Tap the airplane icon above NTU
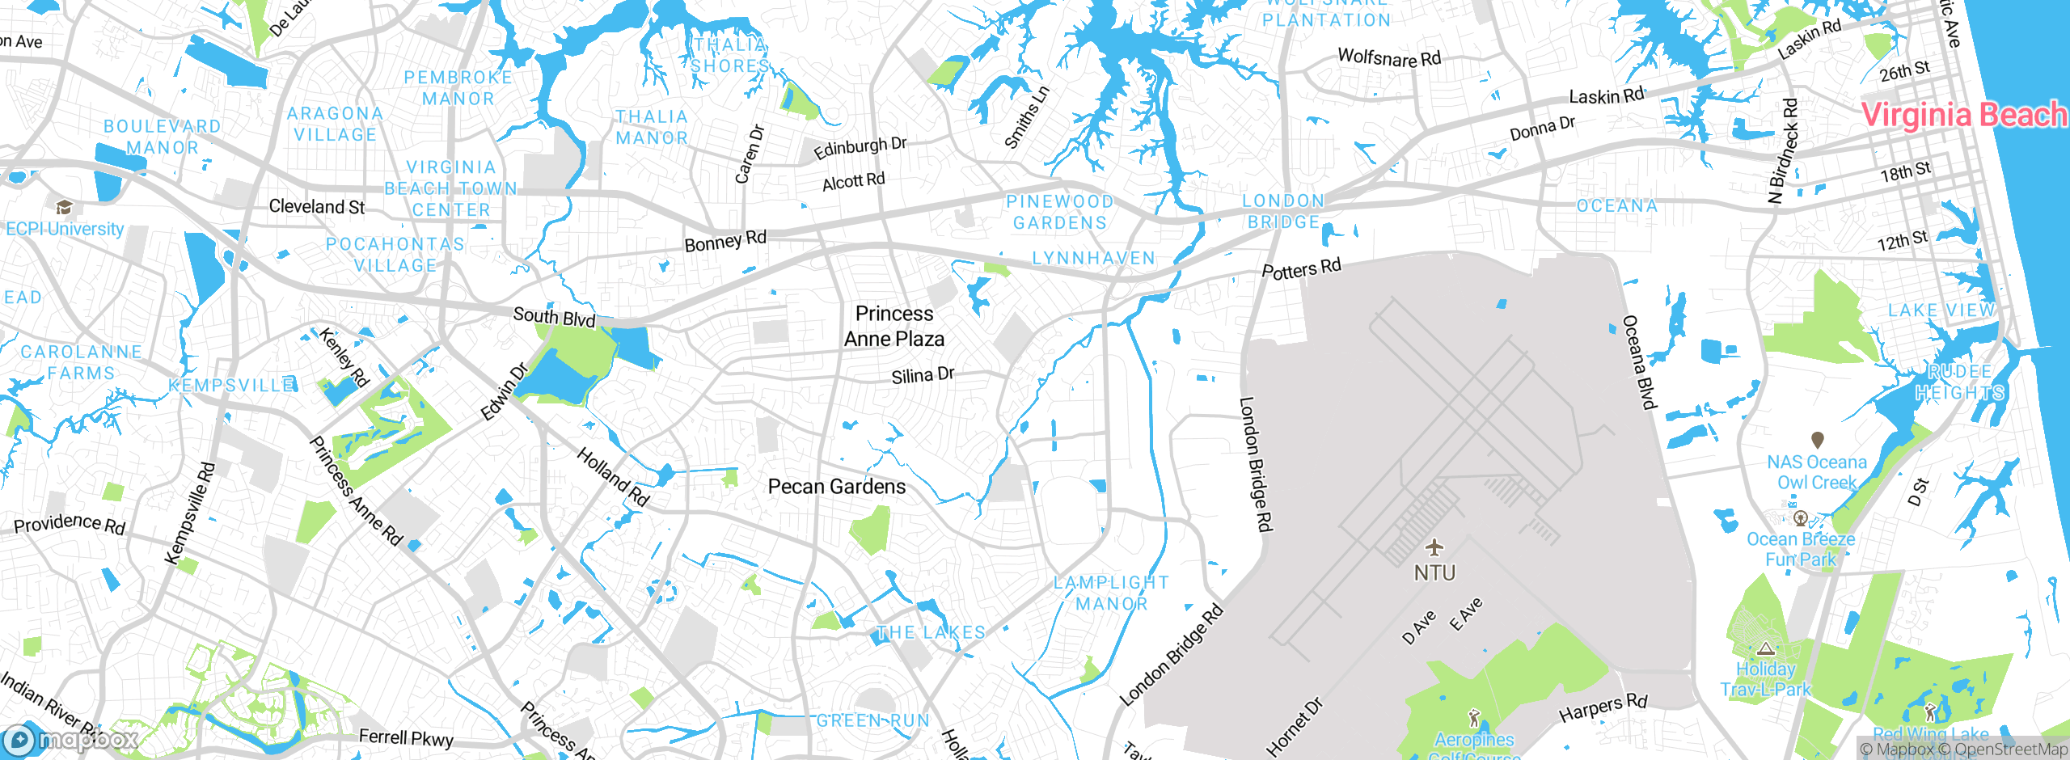(x=1434, y=547)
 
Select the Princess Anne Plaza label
(x=894, y=326)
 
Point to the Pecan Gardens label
(x=837, y=487)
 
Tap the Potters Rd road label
(x=1301, y=268)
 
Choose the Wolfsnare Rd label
(x=1389, y=57)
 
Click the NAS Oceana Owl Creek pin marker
(x=1817, y=440)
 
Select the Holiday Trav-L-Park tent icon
(x=1765, y=648)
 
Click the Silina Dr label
(x=923, y=375)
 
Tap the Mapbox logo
(x=71, y=739)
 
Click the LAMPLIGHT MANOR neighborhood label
(x=1111, y=593)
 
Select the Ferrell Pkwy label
(x=406, y=737)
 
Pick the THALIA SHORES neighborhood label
(x=730, y=55)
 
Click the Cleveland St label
(x=317, y=207)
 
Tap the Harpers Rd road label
(x=1603, y=707)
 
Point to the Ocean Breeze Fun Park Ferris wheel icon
(x=1800, y=518)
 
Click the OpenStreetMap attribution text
(x=2010, y=749)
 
